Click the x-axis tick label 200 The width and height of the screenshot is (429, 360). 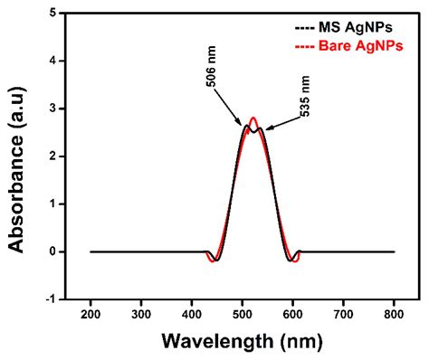(91, 313)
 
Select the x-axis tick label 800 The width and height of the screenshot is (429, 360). (395, 313)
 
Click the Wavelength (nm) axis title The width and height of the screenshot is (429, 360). (243, 341)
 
